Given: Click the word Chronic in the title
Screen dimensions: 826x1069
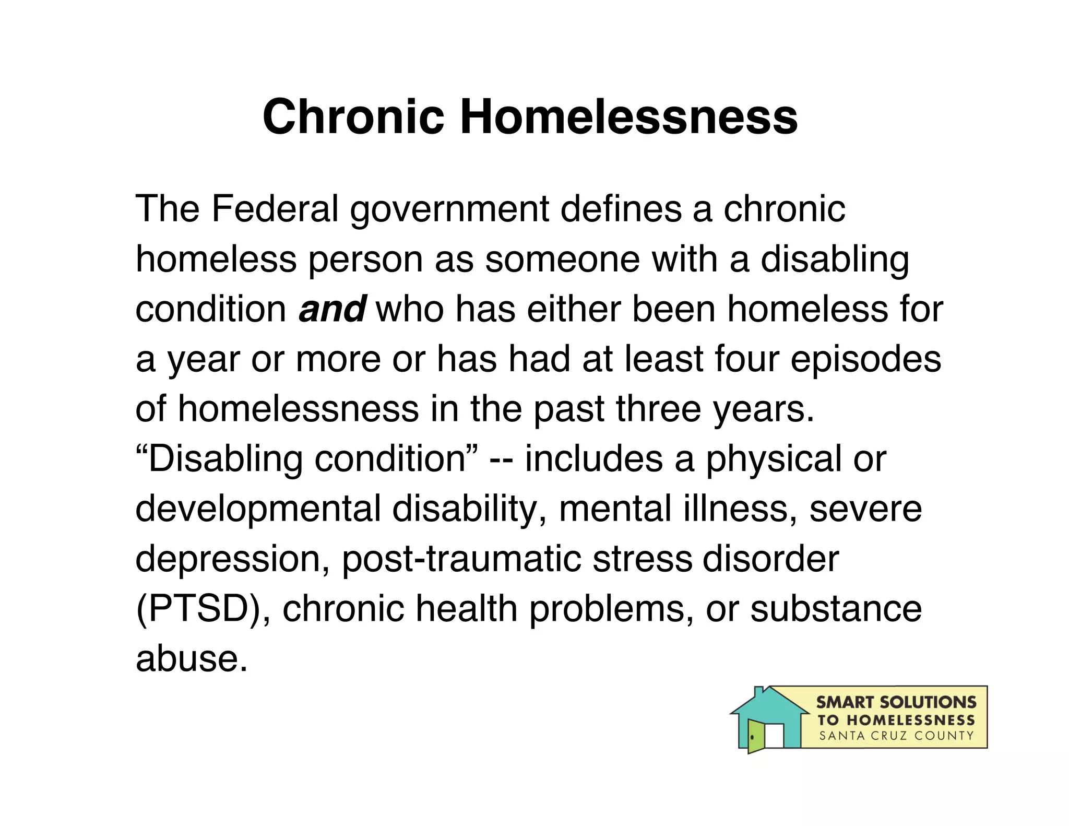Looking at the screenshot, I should point(353,116).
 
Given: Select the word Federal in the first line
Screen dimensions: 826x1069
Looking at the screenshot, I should point(275,209).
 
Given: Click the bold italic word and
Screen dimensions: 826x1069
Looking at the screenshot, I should point(332,309).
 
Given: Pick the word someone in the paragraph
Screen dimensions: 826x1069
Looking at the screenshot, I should point(562,259).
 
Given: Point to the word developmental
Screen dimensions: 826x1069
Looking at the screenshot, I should point(258,510).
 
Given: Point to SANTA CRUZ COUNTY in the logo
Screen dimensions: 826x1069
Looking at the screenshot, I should point(896,736).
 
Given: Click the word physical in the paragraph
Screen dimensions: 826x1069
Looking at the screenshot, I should point(774,459).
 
